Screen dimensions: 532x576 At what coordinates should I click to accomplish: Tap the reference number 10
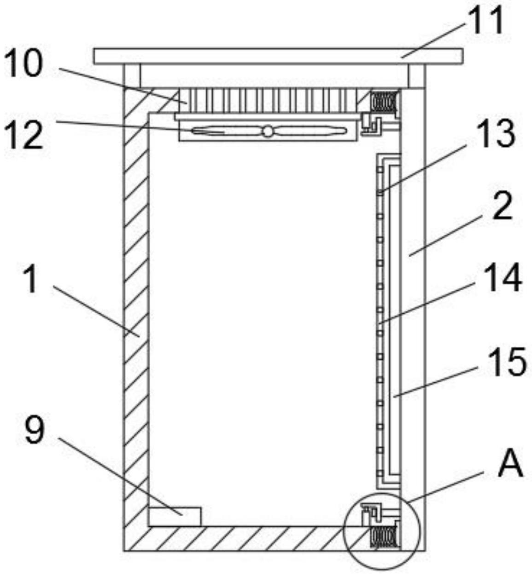click(23, 64)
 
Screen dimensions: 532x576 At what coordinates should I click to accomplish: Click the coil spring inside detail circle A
click(383, 537)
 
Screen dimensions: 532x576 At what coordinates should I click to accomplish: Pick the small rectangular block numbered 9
click(175, 516)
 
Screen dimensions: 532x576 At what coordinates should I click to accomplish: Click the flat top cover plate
click(278, 56)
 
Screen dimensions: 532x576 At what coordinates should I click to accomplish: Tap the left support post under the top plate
click(132, 75)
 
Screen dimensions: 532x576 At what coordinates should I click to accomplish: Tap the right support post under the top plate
click(416, 75)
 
